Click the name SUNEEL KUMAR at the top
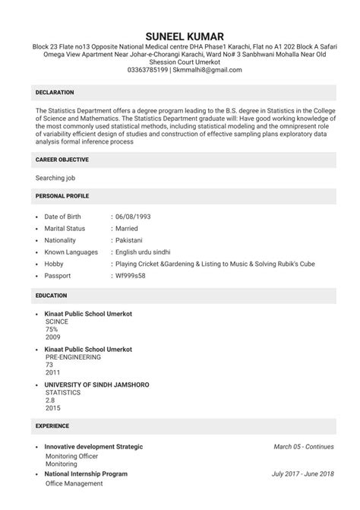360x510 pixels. tap(179, 37)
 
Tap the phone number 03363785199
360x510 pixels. tap(148, 70)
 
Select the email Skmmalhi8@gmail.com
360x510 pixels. tap(207, 70)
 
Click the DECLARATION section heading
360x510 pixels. tap(55, 92)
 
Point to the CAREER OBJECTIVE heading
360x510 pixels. tap(62, 160)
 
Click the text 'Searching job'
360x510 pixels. tap(55, 178)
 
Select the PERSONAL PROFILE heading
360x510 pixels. tap(62, 196)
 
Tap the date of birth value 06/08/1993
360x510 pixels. tap(133, 217)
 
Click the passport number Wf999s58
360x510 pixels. tap(130, 275)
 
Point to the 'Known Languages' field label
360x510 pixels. tap(71, 252)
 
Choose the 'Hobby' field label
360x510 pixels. tap(55, 264)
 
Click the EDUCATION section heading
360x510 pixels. tap(52, 295)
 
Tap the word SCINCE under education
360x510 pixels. tap(57, 322)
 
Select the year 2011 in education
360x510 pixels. tap(52, 373)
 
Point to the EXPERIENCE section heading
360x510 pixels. tap(52, 426)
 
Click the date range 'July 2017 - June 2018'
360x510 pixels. tap(302, 474)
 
